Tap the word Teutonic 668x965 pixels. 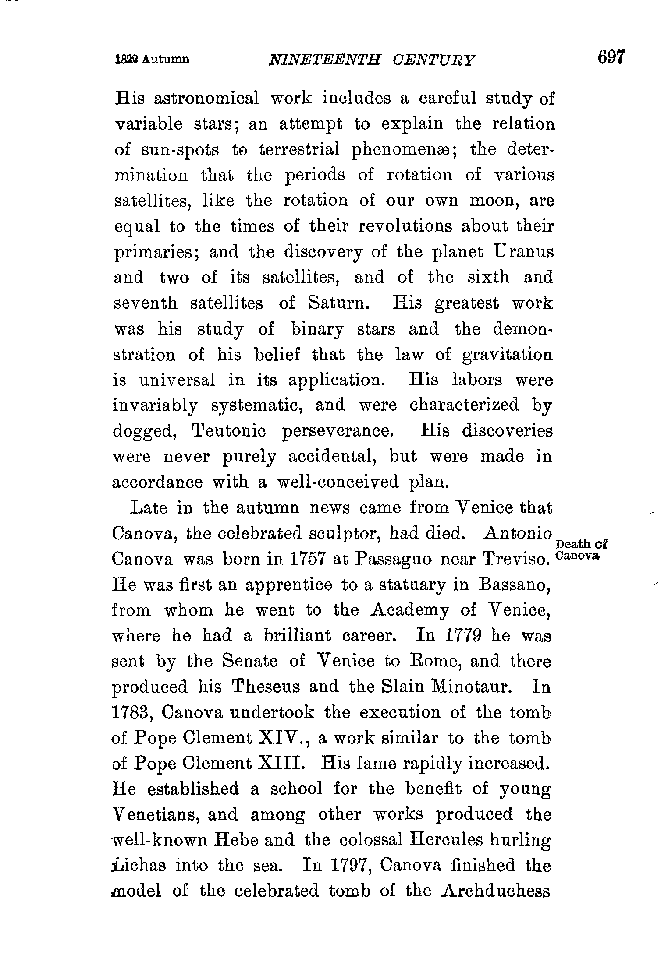[x=229, y=431]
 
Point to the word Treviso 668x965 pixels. [x=516, y=559]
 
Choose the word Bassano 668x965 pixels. [x=515, y=585]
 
